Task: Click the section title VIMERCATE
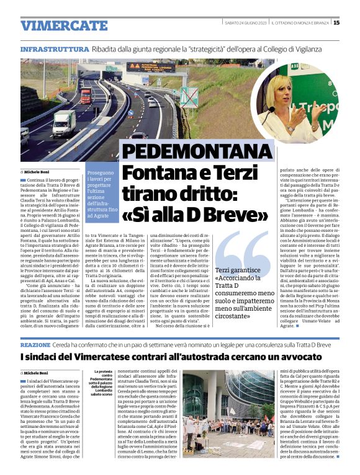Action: tap(55, 25)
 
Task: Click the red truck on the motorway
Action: tap(86, 95)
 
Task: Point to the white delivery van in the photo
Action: tap(61, 123)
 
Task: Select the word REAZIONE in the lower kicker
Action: tap(35, 344)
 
